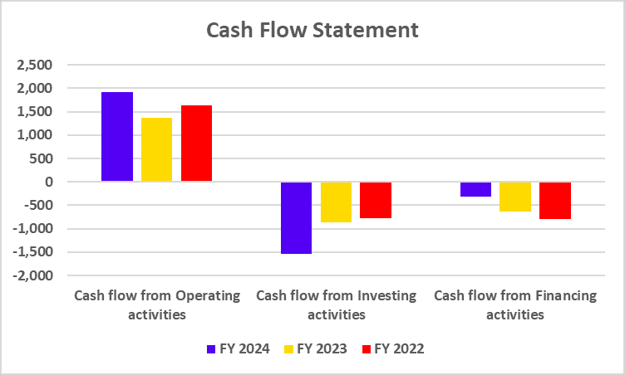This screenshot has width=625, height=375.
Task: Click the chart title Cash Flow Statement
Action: click(312, 31)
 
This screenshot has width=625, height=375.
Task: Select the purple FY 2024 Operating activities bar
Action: click(116, 137)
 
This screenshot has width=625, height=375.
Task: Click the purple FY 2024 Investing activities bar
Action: click(296, 217)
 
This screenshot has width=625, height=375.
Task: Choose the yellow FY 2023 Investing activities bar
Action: click(336, 202)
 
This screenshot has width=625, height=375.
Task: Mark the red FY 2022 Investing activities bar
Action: click(376, 200)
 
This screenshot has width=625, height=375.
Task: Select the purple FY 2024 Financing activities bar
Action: click(475, 189)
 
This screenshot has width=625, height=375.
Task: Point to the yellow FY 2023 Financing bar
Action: click(515, 197)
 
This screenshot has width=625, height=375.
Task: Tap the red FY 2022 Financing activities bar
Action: click(555, 200)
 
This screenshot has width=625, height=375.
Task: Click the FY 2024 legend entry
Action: click(238, 348)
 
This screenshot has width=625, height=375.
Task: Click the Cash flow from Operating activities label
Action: click(156, 304)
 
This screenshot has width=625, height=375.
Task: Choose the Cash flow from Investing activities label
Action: click(336, 304)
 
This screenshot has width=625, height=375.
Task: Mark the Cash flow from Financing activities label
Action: click(515, 304)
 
